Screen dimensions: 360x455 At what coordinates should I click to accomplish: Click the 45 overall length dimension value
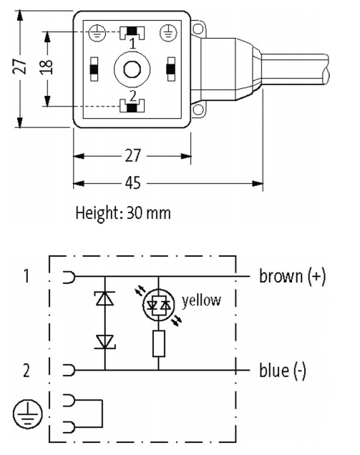point(133,183)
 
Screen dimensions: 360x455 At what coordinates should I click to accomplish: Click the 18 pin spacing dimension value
point(46,67)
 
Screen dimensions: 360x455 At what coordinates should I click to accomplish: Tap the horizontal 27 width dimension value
point(133,155)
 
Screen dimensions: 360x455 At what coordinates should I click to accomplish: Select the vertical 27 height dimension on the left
point(19,67)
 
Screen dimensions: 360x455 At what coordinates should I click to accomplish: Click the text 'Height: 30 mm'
point(123,213)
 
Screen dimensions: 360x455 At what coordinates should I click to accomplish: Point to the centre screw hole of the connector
point(132,69)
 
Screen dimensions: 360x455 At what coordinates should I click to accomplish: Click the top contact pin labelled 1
point(132,32)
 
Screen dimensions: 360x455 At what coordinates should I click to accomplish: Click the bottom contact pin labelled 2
point(132,106)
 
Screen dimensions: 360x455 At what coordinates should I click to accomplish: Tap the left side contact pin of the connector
point(94,69)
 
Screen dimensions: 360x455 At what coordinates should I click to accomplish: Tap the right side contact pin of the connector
point(171,69)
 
